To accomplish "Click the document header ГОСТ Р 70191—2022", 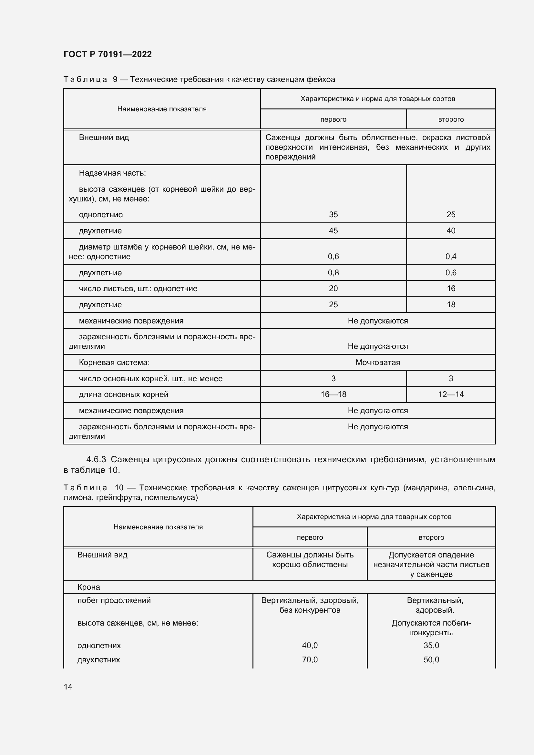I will coord(108,54).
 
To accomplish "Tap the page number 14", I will coord(68,687).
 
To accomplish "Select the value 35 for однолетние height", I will coord(333,215).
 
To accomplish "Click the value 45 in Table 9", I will coord(333,231).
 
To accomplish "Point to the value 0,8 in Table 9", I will coord(333,273).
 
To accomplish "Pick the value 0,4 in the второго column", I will coord(450,257).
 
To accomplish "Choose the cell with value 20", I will coord(333,289).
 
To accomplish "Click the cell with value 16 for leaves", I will coord(450,289).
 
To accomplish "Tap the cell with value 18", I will coord(450,305).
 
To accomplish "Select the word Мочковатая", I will coord(377,362).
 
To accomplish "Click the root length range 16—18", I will coord(333,394).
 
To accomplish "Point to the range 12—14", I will coord(450,394).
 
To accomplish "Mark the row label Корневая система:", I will coord(114,362).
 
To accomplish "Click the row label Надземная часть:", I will coord(112,173).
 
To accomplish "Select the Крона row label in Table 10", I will coord(88,587).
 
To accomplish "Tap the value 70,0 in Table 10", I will coord(310,660).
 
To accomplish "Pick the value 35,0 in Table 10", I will coord(431,645).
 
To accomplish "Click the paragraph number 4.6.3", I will coord(96,459).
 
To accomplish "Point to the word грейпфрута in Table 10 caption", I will coord(119,497).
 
